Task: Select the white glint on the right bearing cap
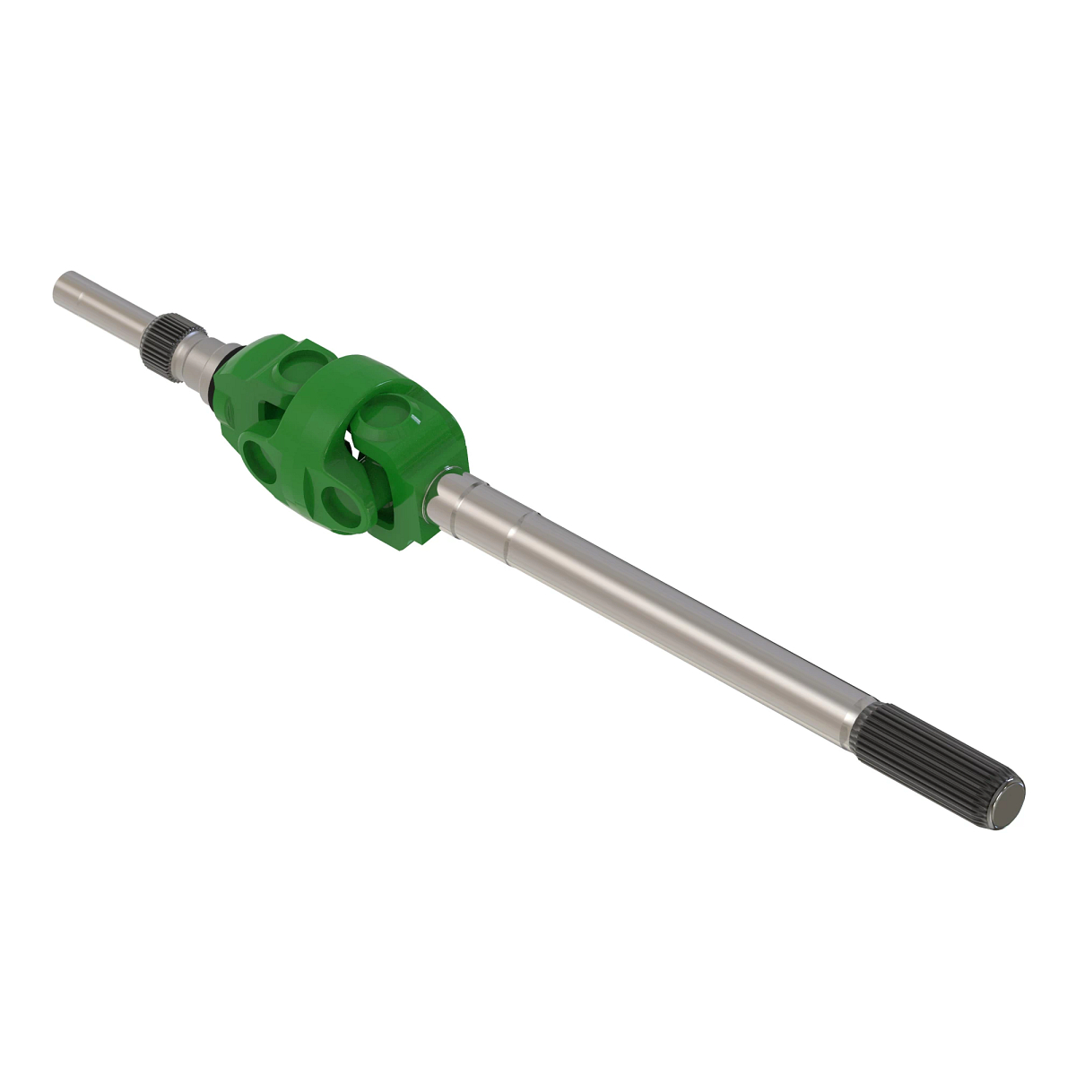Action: [x=418, y=418]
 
